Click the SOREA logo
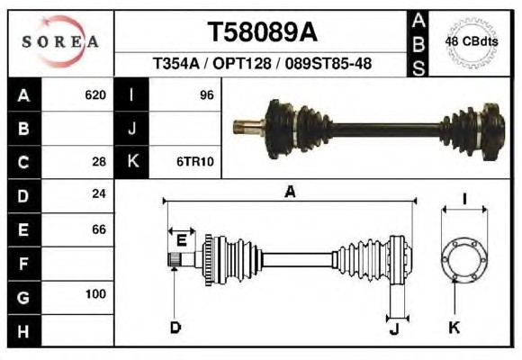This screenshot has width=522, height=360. coord(60,41)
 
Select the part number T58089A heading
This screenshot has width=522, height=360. coord(262,32)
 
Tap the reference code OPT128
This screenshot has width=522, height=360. coord(242,63)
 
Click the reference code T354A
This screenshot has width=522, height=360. coord(175,63)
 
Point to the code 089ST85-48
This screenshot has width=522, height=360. coord(328,63)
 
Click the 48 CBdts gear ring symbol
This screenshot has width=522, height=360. coord(472,42)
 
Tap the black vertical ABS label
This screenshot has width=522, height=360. coord(418,44)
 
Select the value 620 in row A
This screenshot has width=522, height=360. coord(95,95)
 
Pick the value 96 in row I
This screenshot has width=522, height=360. coord(207,95)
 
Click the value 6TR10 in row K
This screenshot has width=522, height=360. coord(195,162)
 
